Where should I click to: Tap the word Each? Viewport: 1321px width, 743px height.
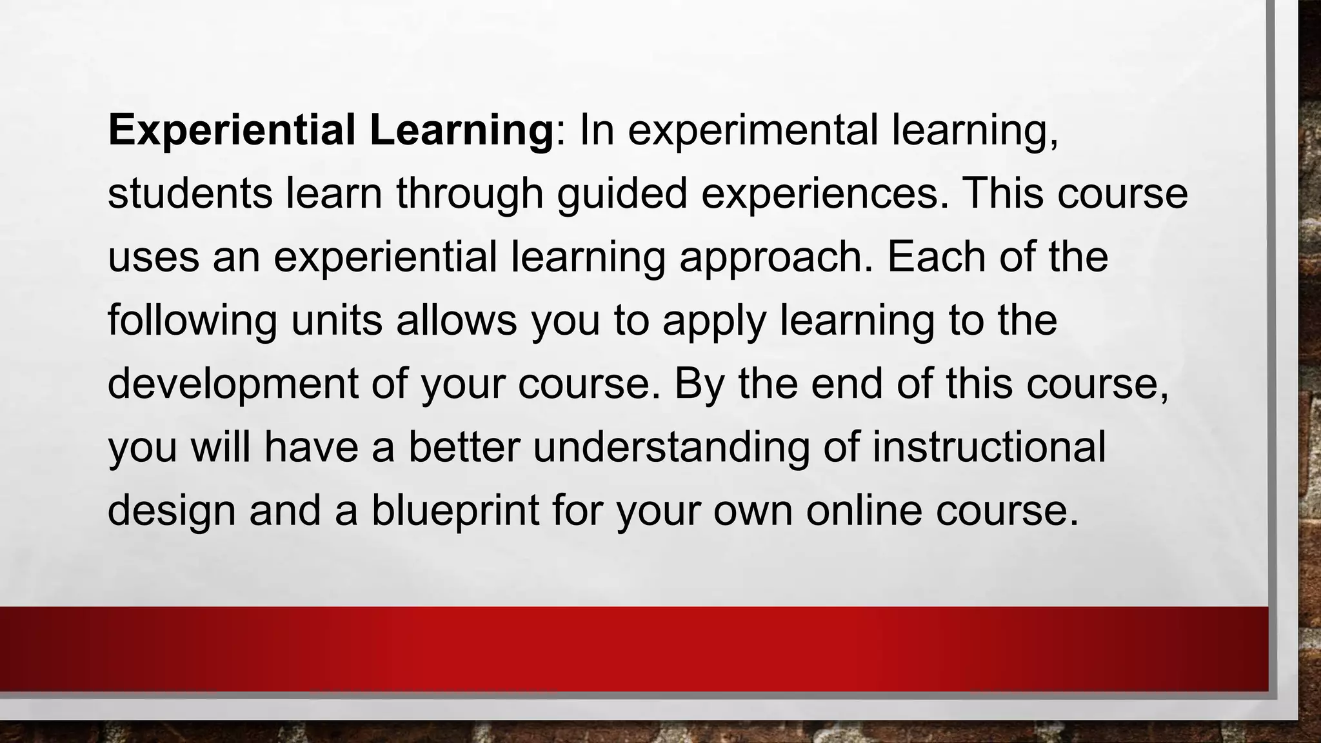[936, 257]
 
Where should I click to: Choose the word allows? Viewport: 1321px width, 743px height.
[457, 320]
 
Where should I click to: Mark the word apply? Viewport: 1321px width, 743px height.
[714, 320]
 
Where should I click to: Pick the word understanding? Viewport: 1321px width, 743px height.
[671, 446]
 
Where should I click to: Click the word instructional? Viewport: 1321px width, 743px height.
[989, 446]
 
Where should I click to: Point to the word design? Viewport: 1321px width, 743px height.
[171, 510]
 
